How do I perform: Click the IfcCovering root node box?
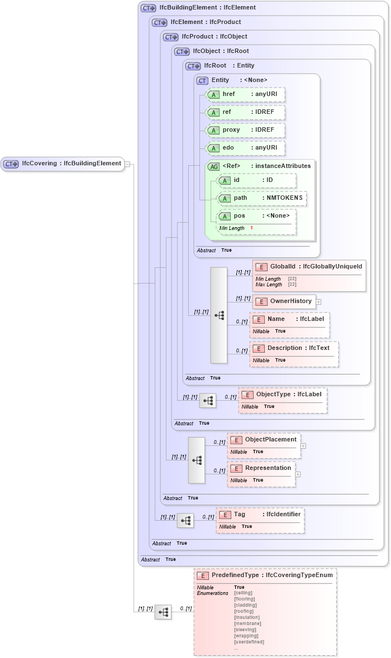coord(62,164)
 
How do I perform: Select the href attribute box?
coord(245,94)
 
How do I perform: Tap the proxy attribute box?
coord(245,130)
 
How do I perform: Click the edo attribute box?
coord(245,148)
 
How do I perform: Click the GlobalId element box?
coord(309,267)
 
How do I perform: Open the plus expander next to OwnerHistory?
coord(319,301)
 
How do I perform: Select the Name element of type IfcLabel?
coord(290,319)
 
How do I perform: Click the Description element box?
coord(294,348)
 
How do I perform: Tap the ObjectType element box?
coord(283,395)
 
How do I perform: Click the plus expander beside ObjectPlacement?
coord(303,445)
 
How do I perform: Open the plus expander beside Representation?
coord(298,474)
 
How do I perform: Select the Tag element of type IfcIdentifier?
coord(260,515)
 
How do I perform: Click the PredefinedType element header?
coord(265,575)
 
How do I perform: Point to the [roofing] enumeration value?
coord(244,611)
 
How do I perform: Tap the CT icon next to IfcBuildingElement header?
coord(148,8)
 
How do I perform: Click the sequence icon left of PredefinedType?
coord(163,612)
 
